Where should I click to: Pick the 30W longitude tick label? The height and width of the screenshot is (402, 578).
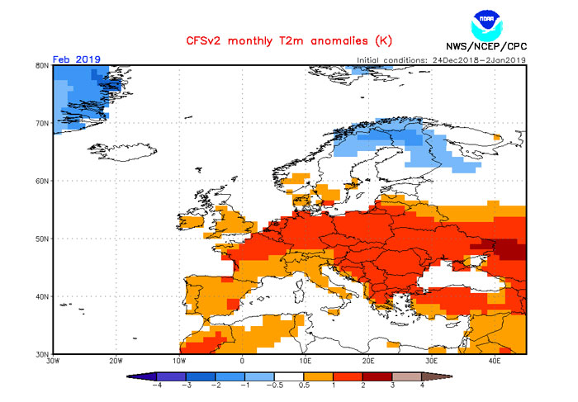54,361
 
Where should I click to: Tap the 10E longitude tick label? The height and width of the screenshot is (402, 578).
305,361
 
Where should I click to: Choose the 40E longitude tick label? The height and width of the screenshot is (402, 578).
494,361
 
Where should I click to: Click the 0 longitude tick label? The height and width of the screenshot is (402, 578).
242,361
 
